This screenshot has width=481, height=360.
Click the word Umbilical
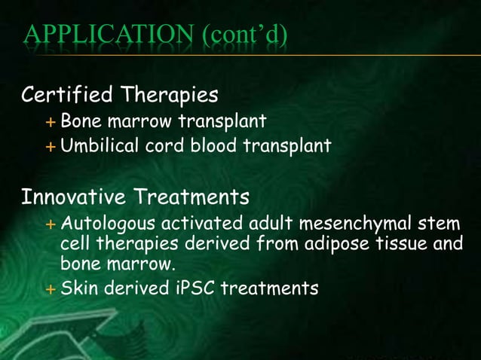point(96,145)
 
